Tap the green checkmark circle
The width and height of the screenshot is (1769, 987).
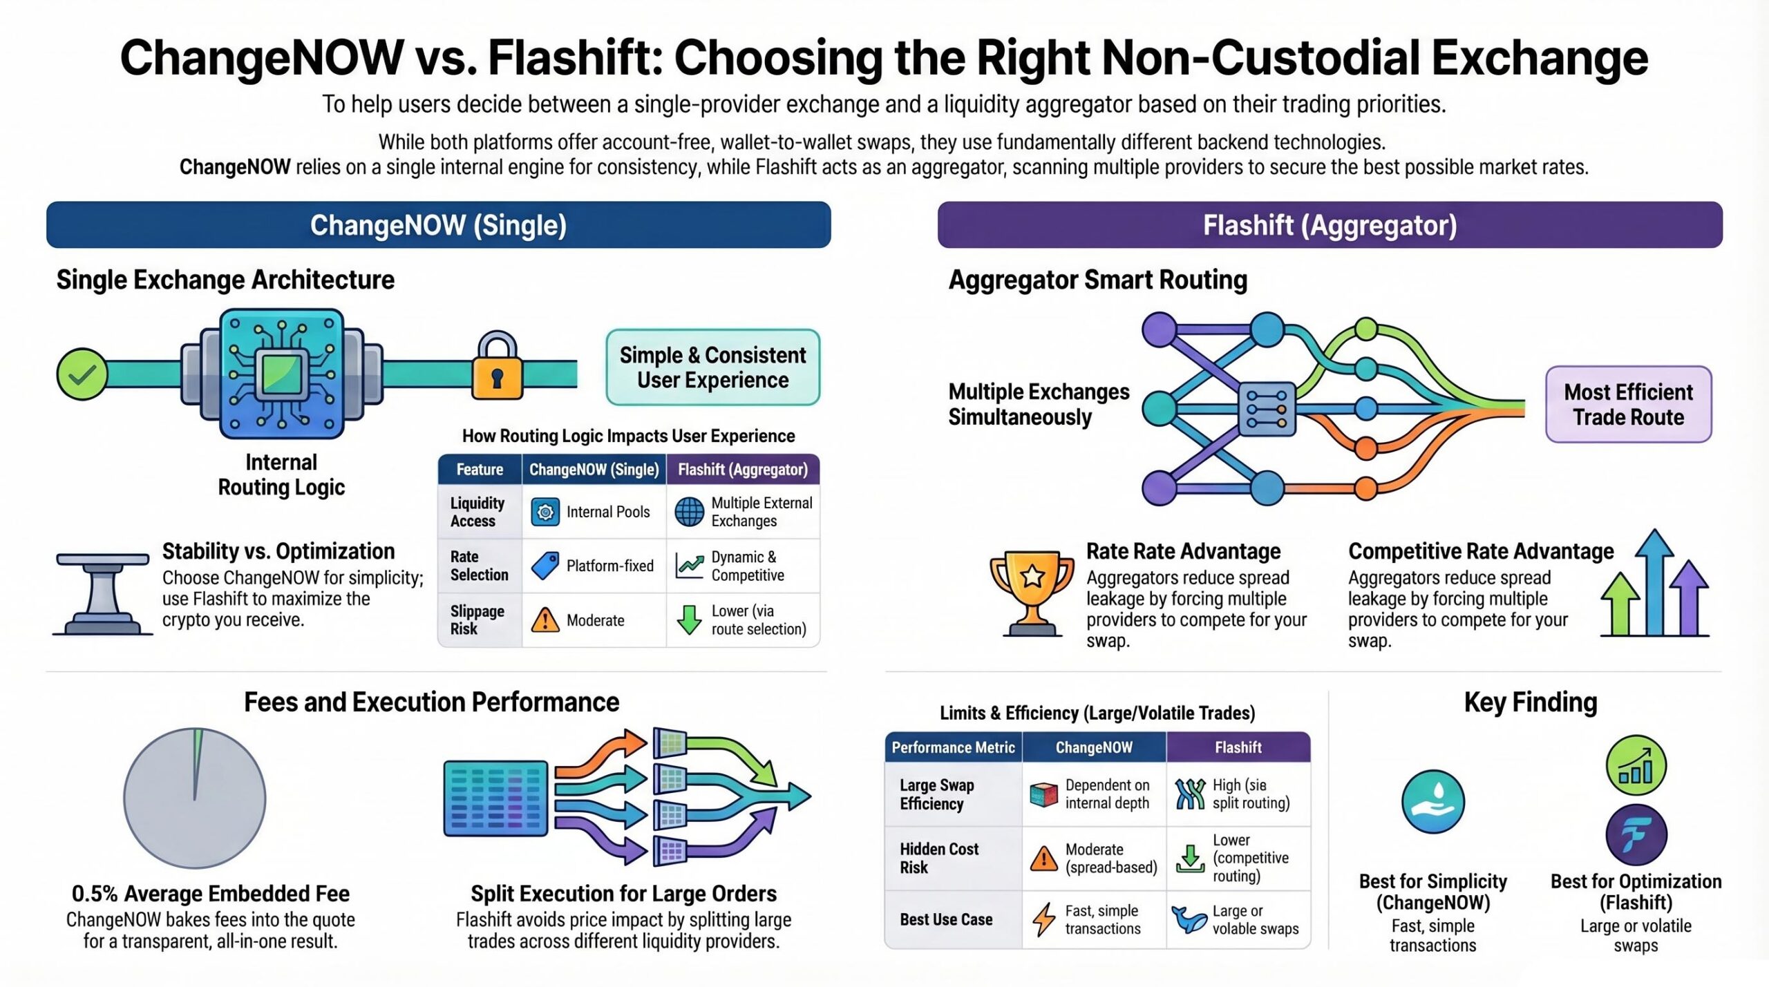[x=82, y=374]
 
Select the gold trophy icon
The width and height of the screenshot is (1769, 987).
[x=1032, y=591]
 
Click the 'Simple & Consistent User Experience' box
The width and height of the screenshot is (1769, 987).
[x=712, y=367]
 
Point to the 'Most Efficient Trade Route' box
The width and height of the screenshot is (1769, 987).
[x=1628, y=405]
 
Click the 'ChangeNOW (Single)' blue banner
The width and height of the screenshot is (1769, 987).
[x=438, y=225]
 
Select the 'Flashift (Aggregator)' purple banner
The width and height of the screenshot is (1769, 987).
[x=1330, y=225]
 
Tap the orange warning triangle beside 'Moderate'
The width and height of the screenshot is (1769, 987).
[x=545, y=620]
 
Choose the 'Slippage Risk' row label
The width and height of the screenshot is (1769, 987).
[x=478, y=620]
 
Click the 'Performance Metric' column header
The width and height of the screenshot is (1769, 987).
[x=953, y=747]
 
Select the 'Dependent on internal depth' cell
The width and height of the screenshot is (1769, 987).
[x=1095, y=794]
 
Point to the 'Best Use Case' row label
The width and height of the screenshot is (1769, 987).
[x=946, y=919]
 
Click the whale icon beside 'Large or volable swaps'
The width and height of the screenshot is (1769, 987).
[x=1189, y=919]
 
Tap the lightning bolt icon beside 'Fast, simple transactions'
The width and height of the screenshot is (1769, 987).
[x=1043, y=919]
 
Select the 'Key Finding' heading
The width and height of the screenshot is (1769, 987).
[x=1531, y=702]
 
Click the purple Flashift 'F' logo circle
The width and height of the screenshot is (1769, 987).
[x=1636, y=835]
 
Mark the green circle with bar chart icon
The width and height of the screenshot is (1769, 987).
[x=1636, y=765]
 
